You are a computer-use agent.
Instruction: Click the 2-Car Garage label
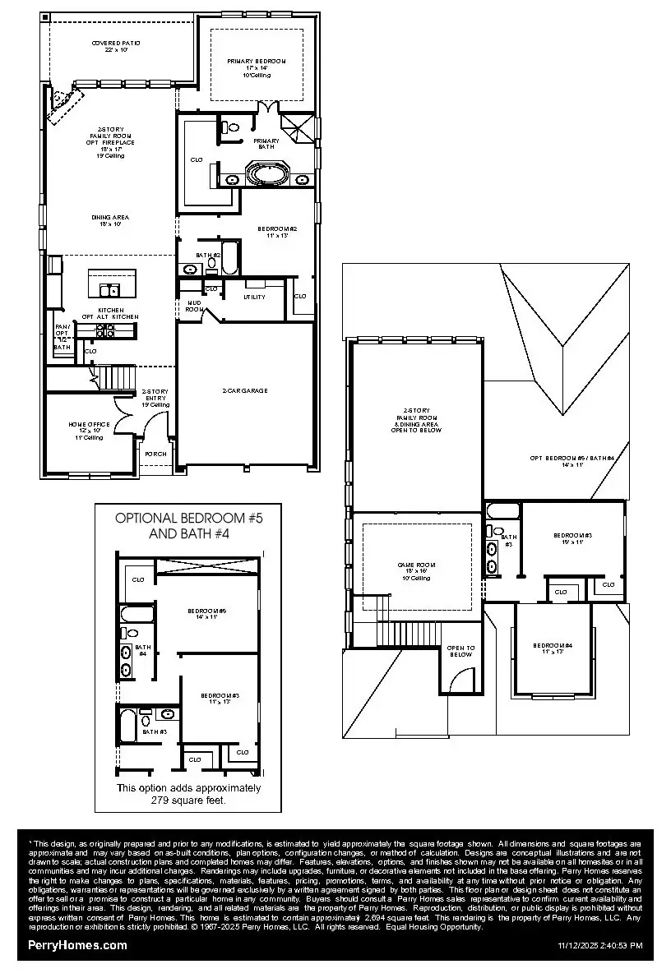pyautogui.click(x=244, y=390)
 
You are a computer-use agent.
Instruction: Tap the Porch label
pyautogui.click(x=155, y=454)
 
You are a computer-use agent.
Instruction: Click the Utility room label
pyautogui.click(x=254, y=297)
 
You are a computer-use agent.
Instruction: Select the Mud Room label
pyautogui.click(x=193, y=306)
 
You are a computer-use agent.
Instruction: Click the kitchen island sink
pyautogui.click(x=109, y=289)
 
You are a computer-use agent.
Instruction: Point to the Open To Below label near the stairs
pyautogui.click(x=460, y=650)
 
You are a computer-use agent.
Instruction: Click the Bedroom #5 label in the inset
pyautogui.click(x=206, y=613)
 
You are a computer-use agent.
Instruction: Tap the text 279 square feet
pyautogui.click(x=188, y=798)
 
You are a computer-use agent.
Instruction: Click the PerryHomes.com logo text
pyautogui.click(x=78, y=945)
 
